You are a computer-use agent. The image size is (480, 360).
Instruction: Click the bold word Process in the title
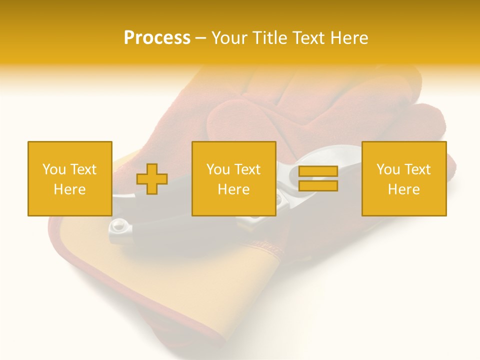pyautogui.click(x=157, y=38)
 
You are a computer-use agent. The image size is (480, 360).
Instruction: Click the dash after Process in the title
pyautogui.click(x=201, y=39)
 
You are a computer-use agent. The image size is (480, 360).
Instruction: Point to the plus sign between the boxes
pyautogui.click(x=152, y=179)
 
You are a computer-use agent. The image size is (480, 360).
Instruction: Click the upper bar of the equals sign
pyautogui.click(x=318, y=171)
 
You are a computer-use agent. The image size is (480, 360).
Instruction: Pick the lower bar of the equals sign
pyautogui.click(x=318, y=186)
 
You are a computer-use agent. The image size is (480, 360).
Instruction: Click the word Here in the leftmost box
pyautogui.click(x=69, y=189)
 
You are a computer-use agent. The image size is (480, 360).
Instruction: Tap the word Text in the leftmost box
pyautogui.click(x=83, y=169)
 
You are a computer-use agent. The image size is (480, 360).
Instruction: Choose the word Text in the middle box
pyautogui.click(x=247, y=169)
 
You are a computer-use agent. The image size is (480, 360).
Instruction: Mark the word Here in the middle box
pyautogui.click(x=233, y=189)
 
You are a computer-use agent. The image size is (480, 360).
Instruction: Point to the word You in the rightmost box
pyautogui.click(x=388, y=169)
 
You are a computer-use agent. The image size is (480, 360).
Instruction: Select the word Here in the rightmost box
pyautogui.click(x=403, y=189)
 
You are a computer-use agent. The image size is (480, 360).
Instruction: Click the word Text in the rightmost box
pyautogui.click(x=417, y=169)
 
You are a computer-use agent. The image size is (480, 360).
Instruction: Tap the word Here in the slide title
pyautogui.click(x=349, y=38)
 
